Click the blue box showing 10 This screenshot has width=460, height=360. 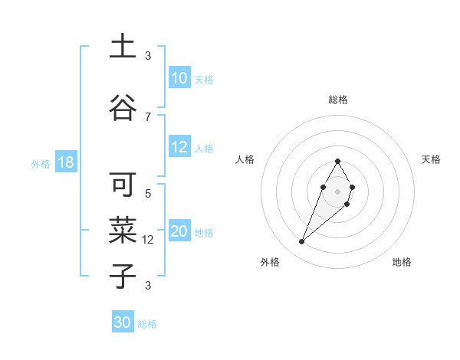point(179,78)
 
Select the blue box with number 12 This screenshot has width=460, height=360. point(179,148)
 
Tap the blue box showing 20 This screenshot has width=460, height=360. point(179,232)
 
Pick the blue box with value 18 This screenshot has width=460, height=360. point(65,163)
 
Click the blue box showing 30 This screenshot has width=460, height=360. point(123,322)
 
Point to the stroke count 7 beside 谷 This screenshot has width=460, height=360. point(148,116)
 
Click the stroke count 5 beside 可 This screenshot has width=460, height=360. point(148,193)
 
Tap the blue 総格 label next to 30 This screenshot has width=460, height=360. point(147,324)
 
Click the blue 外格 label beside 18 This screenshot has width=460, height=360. point(41,164)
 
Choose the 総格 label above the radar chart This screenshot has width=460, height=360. point(337,100)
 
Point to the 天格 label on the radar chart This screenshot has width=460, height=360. point(431,159)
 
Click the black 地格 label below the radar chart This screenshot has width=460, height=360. point(402,262)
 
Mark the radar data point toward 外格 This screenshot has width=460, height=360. point(302,242)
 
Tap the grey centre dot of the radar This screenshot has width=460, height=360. point(337,190)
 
